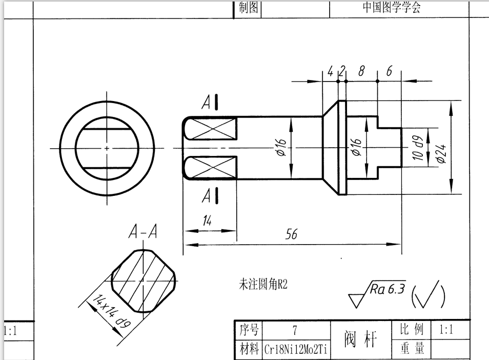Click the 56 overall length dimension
coord(291,235)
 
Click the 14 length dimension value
coord(207,221)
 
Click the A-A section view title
coord(142,233)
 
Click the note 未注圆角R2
coord(263,284)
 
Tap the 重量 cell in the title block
coord(412,349)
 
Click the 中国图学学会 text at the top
coord(391,8)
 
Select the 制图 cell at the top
coord(249,8)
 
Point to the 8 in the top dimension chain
coord(361,72)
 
